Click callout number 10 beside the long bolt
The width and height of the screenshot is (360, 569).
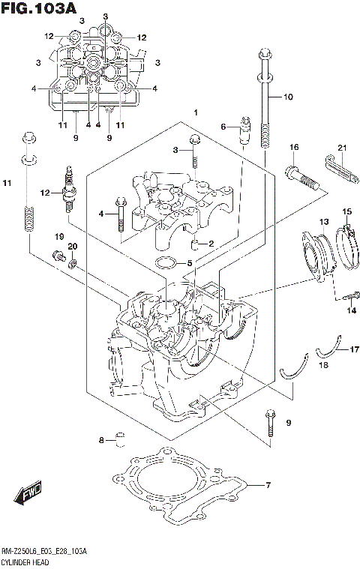point(288,97)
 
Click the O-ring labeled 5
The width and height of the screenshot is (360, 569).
point(166,262)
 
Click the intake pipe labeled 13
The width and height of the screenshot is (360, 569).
point(317,255)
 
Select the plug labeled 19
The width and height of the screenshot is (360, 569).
point(56,257)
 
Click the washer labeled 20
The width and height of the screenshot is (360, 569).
point(73,263)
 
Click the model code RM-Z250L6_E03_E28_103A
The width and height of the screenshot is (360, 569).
point(44,551)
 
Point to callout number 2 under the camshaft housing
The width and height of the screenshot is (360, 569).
point(211,243)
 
